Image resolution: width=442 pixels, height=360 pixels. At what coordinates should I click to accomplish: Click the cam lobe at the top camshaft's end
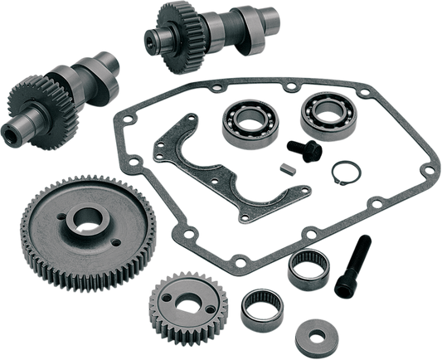[156, 37]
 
